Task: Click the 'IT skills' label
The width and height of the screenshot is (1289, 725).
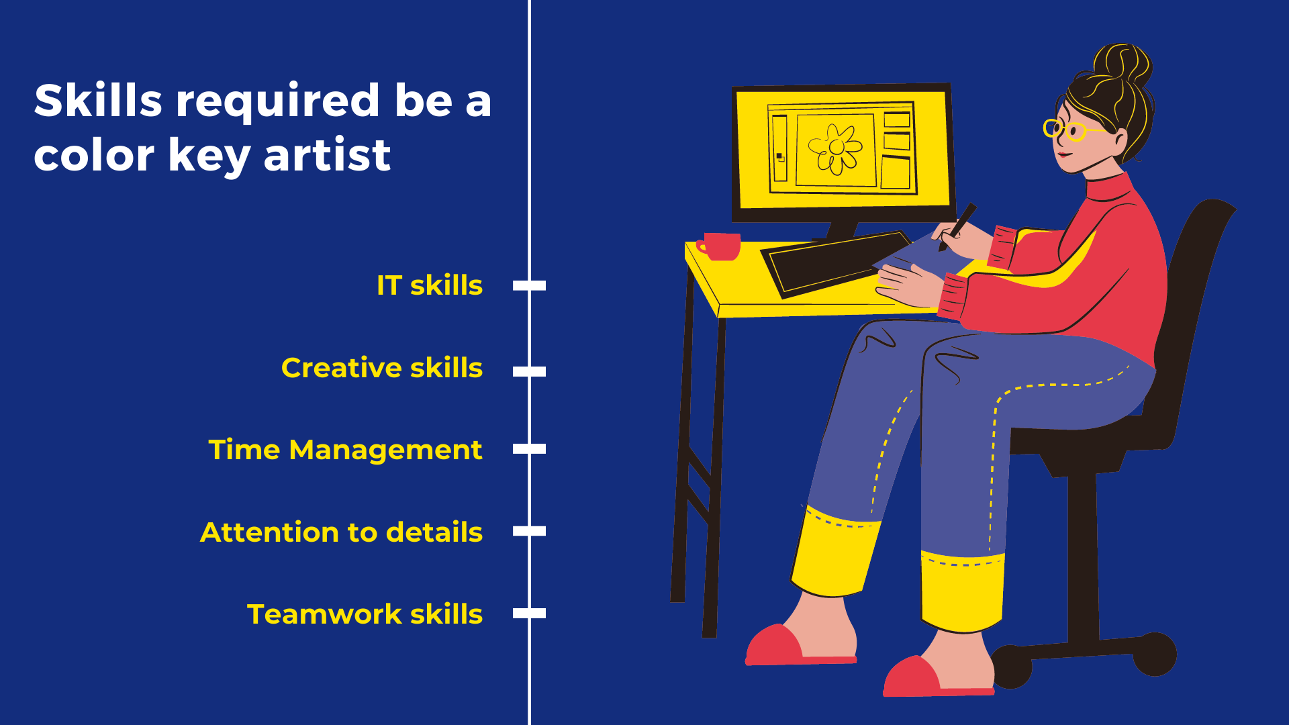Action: (x=430, y=285)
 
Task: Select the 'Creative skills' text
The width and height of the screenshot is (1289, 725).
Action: (x=382, y=368)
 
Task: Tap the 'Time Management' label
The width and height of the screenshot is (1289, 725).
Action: (x=345, y=450)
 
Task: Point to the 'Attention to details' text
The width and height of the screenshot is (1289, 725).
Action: (x=341, y=532)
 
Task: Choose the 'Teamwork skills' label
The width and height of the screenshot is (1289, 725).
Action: (x=365, y=614)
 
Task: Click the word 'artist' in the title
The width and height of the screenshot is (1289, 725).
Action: (x=327, y=155)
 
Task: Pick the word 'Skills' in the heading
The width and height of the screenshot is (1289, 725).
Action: (x=98, y=100)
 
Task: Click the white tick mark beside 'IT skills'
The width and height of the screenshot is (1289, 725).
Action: (x=529, y=285)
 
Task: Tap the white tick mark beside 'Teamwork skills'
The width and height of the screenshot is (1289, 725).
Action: (x=529, y=613)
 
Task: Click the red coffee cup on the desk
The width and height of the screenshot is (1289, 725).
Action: (x=720, y=246)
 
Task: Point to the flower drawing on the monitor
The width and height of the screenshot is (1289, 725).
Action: (x=835, y=149)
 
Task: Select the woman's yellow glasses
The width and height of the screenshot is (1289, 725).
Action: (x=1071, y=129)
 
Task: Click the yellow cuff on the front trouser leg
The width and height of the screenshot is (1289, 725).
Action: (x=961, y=591)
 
